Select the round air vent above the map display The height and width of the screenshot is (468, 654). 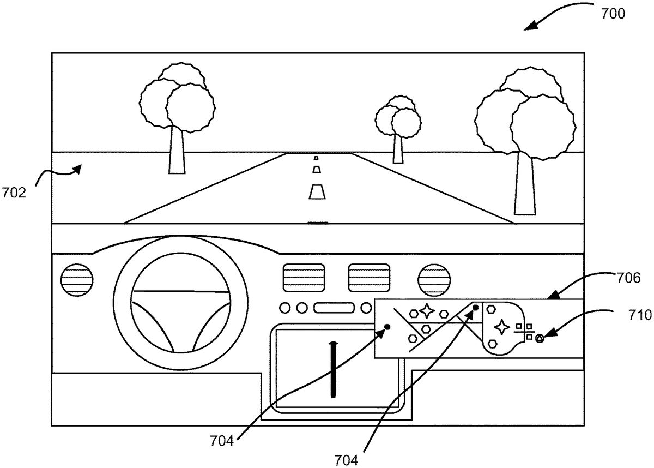pyautogui.click(x=434, y=281)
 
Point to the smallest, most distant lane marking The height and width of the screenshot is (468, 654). pyautogui.click(x=316, y=158)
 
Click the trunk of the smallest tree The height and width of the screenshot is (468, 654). pyautogui.click(x=398, y=148)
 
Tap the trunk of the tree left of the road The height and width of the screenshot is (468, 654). pyautogui.click(x=177, y=152)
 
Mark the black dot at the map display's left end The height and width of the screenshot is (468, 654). pyautogui.click(x=387, y=327)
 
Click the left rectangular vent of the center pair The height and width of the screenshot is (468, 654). pyautogui.click(x=304, y=277)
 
